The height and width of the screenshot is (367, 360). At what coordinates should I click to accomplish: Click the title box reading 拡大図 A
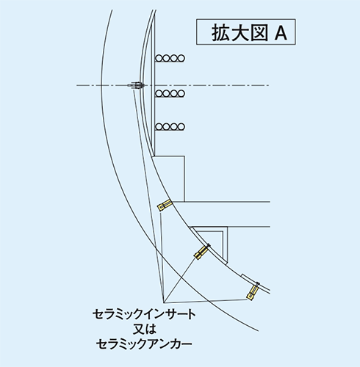coord(246,32)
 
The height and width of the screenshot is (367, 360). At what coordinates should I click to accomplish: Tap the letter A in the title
coord(281,33)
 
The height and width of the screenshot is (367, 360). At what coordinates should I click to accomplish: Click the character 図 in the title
coord(259,32)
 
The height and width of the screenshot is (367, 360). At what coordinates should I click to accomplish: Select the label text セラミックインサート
coord(144,314)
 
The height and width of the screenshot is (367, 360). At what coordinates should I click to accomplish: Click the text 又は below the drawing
coord(144,329)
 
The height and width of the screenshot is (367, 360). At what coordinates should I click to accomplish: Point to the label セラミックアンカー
coord(144,344)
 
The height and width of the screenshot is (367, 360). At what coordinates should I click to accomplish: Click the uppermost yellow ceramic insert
coord(164,205)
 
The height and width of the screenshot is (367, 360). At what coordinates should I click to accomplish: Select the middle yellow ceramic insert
coord(202,251)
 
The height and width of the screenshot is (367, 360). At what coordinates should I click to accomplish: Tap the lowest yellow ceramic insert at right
coord(253,291)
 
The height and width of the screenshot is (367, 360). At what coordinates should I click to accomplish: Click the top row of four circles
coord(170,58)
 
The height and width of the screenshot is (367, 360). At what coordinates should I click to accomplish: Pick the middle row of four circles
coord(170,93)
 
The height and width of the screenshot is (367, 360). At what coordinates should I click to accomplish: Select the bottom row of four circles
coord(170,127)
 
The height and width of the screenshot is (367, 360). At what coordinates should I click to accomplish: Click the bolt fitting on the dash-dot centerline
coord(136,85)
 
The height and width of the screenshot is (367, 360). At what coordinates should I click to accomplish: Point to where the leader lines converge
coord(163,302)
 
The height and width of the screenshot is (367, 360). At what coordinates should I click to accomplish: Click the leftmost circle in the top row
coord(159,58)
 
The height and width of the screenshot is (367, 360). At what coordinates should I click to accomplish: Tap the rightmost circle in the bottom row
coord(181,127)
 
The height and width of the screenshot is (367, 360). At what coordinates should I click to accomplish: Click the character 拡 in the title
coord(220,32)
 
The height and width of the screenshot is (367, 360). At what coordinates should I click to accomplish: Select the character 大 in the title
coord(240,32)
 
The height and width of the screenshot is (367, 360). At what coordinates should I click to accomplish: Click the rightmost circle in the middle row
coord(181,93)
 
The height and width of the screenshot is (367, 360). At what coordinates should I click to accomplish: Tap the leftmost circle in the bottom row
coord(159,127)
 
